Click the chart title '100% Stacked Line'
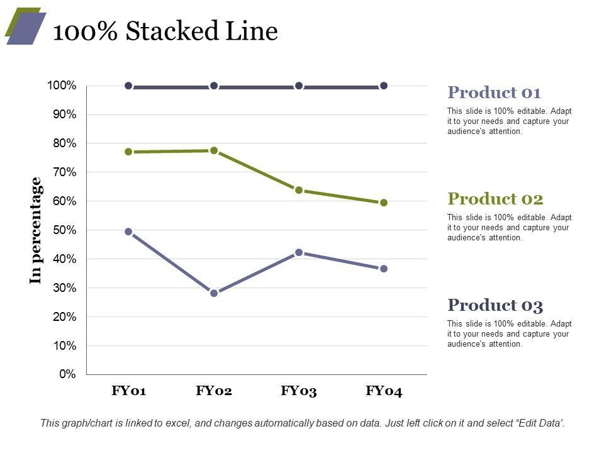[x=165, y=31]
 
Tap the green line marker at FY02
[x=214, y=150]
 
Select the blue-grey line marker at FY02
[x=214, y=293]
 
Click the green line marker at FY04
[x=384, y=203]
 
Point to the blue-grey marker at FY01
[x=128, y=232]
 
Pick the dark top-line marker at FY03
[x=299, y=86]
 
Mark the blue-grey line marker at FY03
[x=299, y=252]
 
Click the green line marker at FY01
[x=128, y=152]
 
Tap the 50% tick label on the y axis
[x=64, y=230]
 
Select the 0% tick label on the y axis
[x=68, y=374]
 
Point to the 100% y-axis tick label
[x=62, y=86]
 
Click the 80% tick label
[x=64, y=143]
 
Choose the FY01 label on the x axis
[x=129, y=391]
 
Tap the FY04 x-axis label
[x=384, y=391]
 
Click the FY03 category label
[x=299, y=391]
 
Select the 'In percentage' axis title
[x=36, y=230]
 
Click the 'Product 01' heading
[x=494, y=92]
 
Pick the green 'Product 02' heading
[x=495, y=199]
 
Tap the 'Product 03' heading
[x=495, y=305]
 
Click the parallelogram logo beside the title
[x=25, y=26]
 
